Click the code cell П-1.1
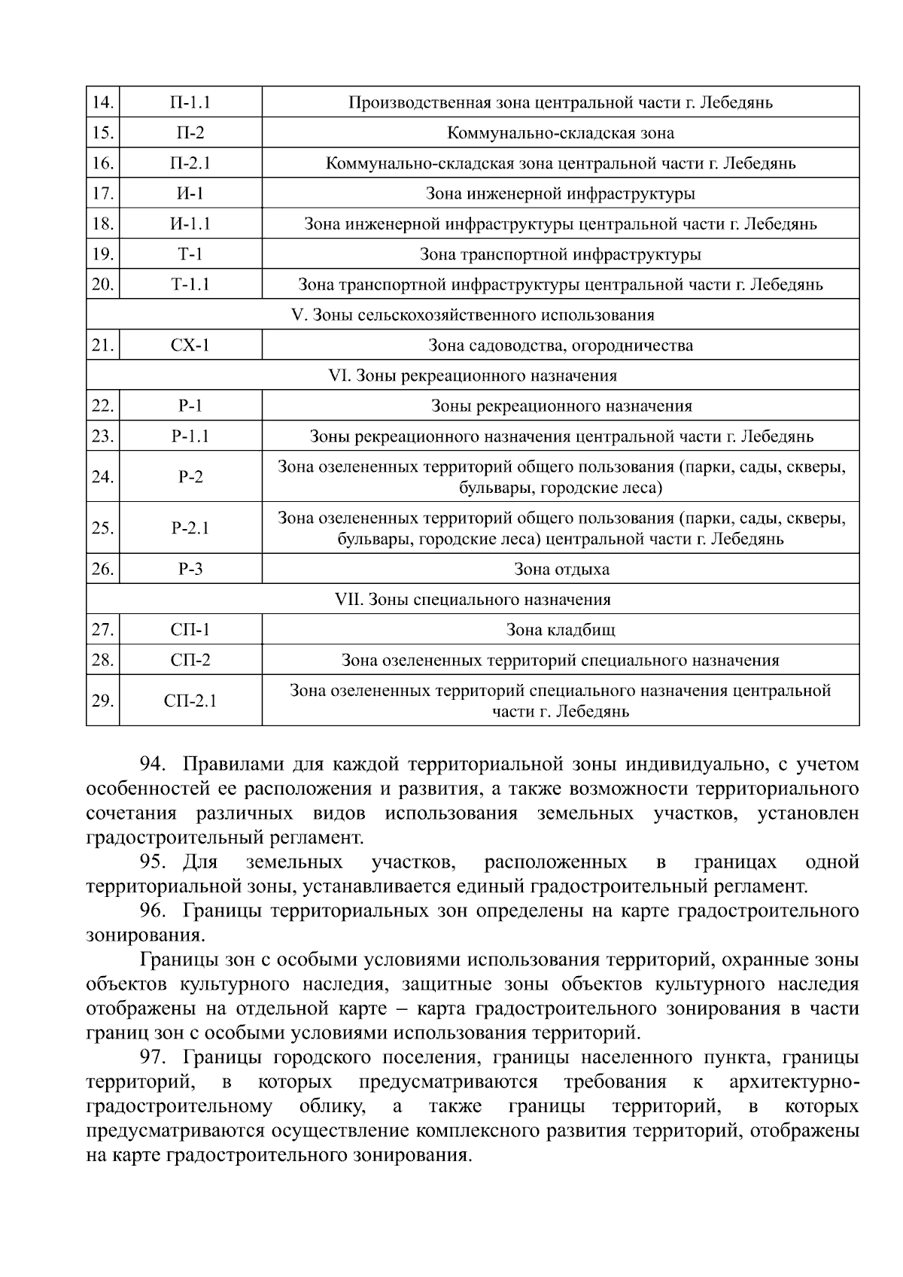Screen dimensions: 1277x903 [190, 102]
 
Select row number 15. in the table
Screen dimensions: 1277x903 [102, 132]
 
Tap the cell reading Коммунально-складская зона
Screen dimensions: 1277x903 [560, 133]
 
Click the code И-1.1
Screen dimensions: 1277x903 [190, 223]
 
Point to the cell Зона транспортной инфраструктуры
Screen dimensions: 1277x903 [560, 254]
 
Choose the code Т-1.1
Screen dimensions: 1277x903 [190, 284]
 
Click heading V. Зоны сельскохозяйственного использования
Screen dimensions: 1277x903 [472, 315]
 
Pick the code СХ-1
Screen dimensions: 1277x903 [190, 345]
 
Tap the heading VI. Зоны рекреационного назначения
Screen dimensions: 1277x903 [472, 375]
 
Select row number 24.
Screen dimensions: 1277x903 [102, 476]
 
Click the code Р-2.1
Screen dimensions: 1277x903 [190, 528]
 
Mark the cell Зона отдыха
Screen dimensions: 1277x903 [561, 569]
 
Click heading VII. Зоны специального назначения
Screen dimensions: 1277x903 [472, 600]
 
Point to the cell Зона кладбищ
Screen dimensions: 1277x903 [560, 630]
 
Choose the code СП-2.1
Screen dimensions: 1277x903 [190, 701]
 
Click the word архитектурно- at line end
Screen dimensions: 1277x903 [794, 1083]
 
